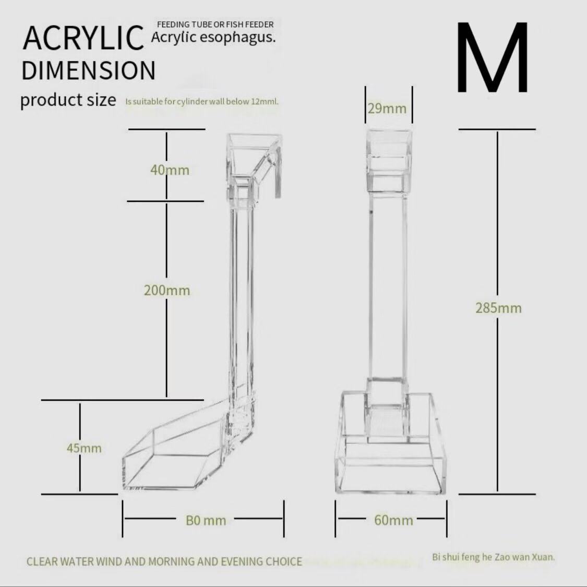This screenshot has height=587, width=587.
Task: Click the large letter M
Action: pyautogui.click(x=493, y=57)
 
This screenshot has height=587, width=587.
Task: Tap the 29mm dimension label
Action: pyautogui.click(x=387, y=109)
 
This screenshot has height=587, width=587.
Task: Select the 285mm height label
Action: pyautogui.click(x=498, y=308)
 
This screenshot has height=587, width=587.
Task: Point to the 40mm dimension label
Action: pyautogui.click(x=170, y=170)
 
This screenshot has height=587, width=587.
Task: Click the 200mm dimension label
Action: pyautogui.click(x=167, y=290)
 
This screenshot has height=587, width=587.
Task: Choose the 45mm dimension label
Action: pyautogui.click(x=84, y=448)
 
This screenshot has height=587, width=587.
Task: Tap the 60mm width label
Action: pyautogui.click(x=393, y=520)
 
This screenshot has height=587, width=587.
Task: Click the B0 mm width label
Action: pyautogui.click(x=206, y=520)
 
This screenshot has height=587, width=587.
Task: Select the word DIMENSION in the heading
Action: pyautogui.click(x=89, y=70)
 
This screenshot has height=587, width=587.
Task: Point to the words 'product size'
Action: pyautogui.click(x=68, y=99)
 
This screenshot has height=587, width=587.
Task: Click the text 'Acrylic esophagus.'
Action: pyautogui.click(x=213, y=37)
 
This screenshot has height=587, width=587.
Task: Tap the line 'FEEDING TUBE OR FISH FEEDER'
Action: pyautogui.click(x=215, y=25)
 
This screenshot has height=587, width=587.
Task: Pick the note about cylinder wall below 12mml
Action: pyautogui.click(x=202, y=101)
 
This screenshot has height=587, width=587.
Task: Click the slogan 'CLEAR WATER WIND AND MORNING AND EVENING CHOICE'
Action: pyautogui.click(x=164, y=561)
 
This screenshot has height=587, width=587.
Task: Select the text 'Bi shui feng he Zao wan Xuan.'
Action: pyautogui.click(x=493, y=557)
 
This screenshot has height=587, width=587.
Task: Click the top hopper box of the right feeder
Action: pyautogui.click(x=389, y=157)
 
